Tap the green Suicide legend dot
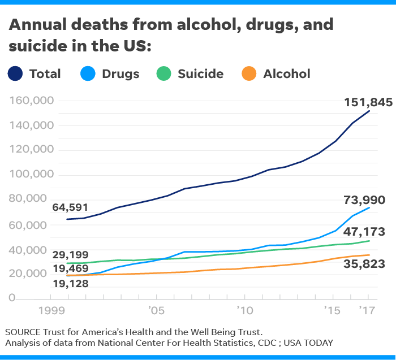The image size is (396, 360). (x=165, y=73)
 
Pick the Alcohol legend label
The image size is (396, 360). (x=287, y=73)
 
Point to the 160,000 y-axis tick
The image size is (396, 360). (x=32, y=101)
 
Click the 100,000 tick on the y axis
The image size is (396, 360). (x=32, y=175)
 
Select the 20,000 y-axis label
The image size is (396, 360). (x=34, y=273)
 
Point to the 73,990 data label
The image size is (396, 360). (x=365, y=200)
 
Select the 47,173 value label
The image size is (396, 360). (x=365, y=231)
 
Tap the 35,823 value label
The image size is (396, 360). (x=365, y=263)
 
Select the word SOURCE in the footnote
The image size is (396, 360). (x=24, y=332)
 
